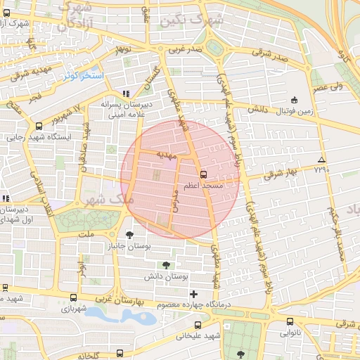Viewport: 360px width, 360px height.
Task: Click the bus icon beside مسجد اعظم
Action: tap(204, 174)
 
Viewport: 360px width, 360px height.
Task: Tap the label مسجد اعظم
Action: tap(203, 186)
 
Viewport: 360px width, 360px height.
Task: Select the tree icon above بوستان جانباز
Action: tap(129, 235)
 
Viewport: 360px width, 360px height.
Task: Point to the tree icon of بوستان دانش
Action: tap(166, 265)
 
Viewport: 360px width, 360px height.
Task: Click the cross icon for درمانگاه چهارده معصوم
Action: tap(195, 293)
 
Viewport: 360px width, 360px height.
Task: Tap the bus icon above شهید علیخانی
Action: tap(198, 326)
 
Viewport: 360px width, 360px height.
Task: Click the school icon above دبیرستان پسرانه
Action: tap(126, 93)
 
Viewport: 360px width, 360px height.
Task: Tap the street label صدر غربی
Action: tap(186, 51)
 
